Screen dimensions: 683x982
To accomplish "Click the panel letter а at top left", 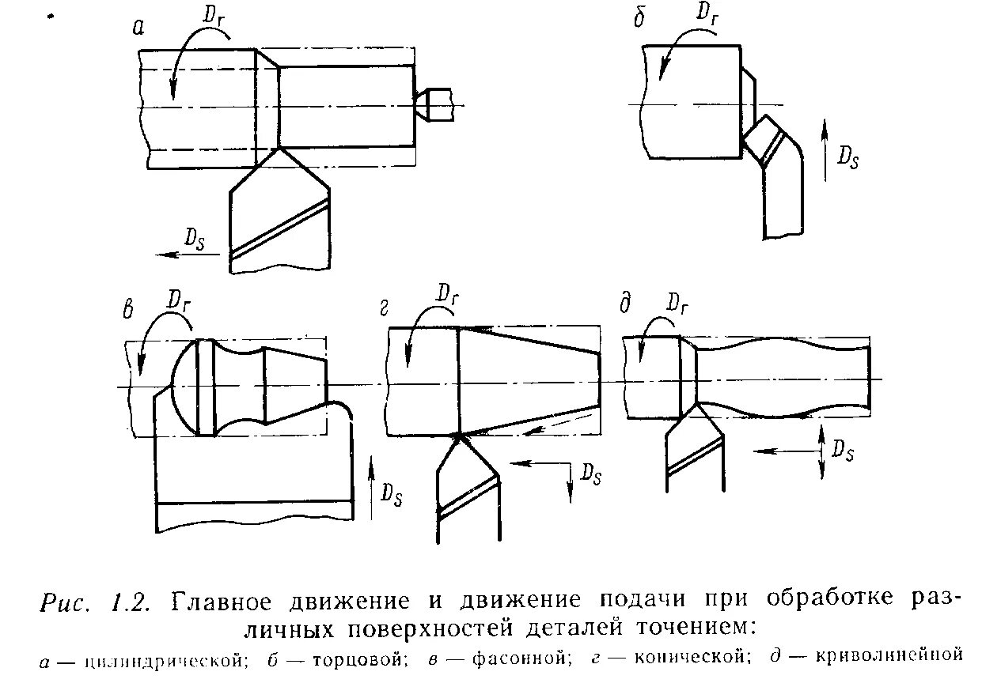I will (x=138, y=28).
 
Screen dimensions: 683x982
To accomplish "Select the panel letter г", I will (x=385, y=307).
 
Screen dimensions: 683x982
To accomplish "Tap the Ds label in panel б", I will (x=848, y=158).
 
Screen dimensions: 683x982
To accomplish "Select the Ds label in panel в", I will (x=390, y=493).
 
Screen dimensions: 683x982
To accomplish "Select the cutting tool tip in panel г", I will (x=458, y=436).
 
